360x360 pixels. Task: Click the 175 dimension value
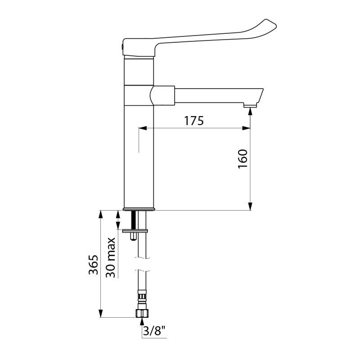click(x=194, y=121)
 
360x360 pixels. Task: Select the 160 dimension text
click(x=243, y=158)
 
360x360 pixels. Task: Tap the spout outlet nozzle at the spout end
click(x=250, y=106)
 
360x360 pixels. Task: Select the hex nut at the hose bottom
click(x=142, y=313)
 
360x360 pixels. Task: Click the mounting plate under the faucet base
click(x=135, y=231)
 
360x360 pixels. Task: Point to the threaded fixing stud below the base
click(x=134, y=223)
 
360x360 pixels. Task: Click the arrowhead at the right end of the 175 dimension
click(x=247, y=129)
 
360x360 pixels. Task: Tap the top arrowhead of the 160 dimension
click(x=250, y=112)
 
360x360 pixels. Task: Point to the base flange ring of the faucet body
click(x=139, y=209)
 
